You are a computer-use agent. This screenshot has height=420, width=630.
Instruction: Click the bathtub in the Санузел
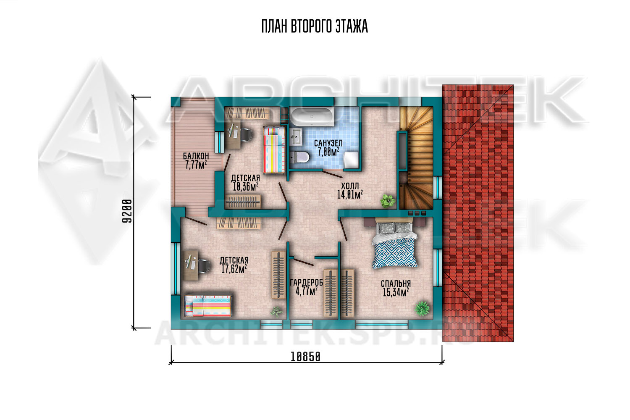point(312,117)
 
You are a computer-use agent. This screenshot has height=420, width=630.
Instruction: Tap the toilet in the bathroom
point(299,157)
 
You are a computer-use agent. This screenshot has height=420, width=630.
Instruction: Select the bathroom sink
point(296,137)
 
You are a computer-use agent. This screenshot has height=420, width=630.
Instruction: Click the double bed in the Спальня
point(395,243)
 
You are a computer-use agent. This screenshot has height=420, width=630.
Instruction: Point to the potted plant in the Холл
point(388,201)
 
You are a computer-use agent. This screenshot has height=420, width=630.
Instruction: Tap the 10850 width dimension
point(305,357)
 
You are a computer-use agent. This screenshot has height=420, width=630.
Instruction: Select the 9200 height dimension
point(127,211)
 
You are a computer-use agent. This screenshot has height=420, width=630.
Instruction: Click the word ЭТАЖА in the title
point(352,26)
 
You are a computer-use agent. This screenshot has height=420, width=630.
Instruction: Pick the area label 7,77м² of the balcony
point(196,165)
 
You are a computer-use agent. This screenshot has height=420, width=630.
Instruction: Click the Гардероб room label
point(306,282)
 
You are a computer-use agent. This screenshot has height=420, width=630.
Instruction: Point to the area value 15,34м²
point(396,292)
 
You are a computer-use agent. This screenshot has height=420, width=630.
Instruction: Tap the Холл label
point(350,186)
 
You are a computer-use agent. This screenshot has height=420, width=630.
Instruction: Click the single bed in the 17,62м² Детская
point(207,305)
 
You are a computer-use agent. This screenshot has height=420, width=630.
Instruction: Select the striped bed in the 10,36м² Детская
point(274,150)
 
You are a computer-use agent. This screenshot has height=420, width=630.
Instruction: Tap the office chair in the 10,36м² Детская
point(247,135)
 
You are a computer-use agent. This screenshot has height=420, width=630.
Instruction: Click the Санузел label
point(328,143)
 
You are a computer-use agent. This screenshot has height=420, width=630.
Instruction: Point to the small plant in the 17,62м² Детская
point(276,312)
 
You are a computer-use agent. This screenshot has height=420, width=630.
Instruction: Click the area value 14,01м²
point(350,194)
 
